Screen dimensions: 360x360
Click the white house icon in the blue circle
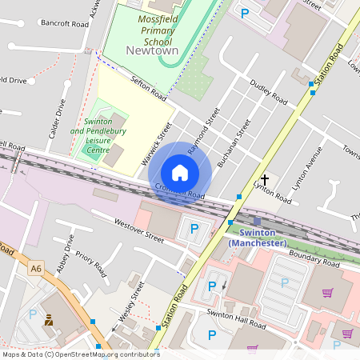(180, 172)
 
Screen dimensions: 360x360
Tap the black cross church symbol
(265, 181)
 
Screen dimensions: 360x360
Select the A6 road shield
(35, 268)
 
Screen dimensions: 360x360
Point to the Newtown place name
(152, 50)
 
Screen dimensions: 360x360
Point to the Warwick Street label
(158, 143)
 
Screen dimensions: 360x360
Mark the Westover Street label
(138, 230)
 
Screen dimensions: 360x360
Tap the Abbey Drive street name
(64, 254)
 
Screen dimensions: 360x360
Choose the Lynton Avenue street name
(307, 169)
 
